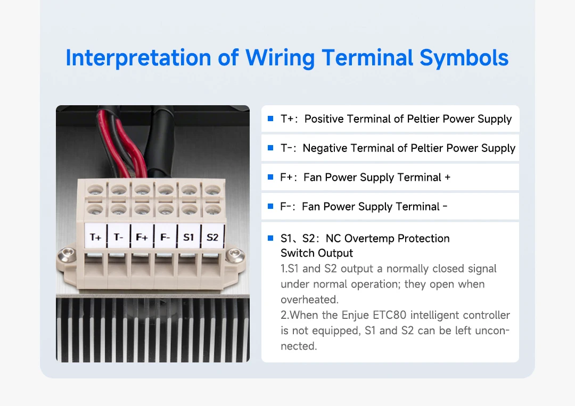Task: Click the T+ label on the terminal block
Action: point(96,237)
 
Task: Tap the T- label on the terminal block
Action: point(119,237)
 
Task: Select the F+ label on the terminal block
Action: point(142,237)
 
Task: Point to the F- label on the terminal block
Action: point(165,237)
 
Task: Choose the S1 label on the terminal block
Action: point(188,237)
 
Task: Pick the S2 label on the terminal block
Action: point(212,237)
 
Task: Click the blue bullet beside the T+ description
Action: point(270,119)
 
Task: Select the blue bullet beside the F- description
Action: point(270,206)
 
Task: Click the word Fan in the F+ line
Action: point(313,177)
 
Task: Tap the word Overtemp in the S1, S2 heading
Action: point(367,239)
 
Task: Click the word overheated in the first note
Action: point(309,300)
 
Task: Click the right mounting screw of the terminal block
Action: point(233,256)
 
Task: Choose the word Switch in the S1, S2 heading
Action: point(297,253)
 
